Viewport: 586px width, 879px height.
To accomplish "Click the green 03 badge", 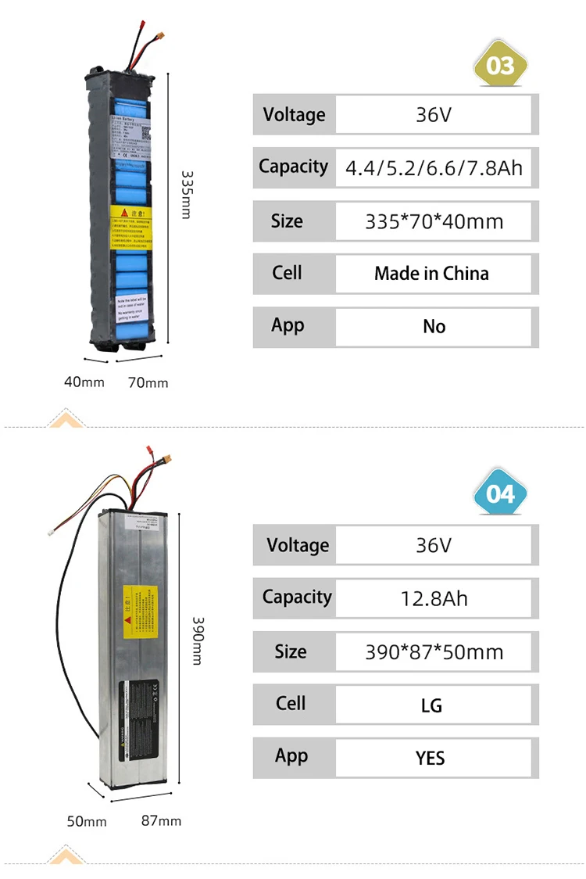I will click(x=500, y=65).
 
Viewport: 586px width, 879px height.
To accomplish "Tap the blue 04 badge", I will click(x=500, y=494).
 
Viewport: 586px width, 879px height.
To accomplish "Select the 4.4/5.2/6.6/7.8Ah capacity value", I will click(x=434, y=168).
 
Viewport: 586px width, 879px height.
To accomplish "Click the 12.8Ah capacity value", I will click(x=434, y=599).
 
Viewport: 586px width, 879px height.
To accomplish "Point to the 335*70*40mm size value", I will click(x=434, y=221).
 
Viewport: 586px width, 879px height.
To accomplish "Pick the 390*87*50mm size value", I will click(x=434, y=651).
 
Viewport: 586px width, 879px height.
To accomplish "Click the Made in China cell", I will click(x=431, y=274).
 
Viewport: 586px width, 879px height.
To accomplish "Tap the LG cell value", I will click(x=431, y=705).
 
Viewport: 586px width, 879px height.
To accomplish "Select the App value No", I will click(x=434, y=326).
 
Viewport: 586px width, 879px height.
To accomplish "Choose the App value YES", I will click(x=431, y=758).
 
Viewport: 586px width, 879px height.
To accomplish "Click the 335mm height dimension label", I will click(x=186, y=195).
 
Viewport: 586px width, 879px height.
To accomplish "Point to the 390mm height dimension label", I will click(x=197, y=640).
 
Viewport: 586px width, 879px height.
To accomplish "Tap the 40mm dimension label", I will click(x=84, y=382).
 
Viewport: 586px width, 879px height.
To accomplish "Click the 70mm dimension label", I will click(x=148, y=382).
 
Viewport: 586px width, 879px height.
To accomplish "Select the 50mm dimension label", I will click(x=87, y=821).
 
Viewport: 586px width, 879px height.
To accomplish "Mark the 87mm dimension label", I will click(x=161, y=820).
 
